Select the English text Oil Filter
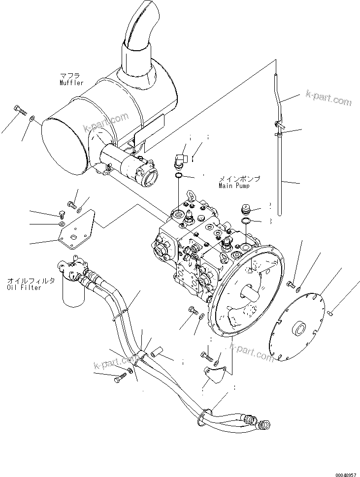pos(25,287)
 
